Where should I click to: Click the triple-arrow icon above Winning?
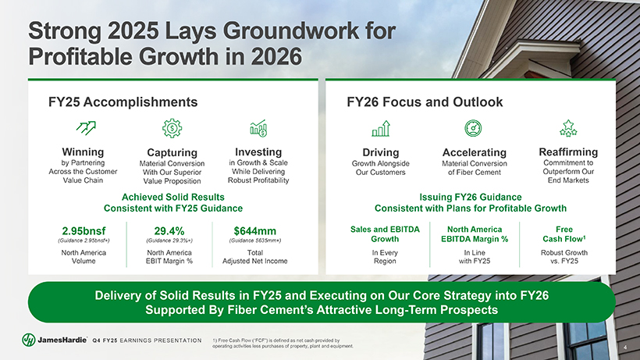pos(86,128)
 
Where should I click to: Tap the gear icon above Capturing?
pos(172,128)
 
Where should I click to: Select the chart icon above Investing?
pos(258,128)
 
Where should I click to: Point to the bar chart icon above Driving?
pos(381,128)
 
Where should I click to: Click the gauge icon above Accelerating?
pos(473,128)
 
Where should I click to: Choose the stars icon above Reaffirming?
pos(568,128)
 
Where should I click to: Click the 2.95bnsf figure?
pos(84,231)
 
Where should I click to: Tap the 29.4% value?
pos(169,231)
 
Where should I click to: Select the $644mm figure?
pos(255,231)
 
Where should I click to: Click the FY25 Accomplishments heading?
pos(123,102)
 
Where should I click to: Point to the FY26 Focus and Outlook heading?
pos(425,102)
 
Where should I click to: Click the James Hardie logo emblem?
pos(29,340)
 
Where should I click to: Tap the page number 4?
pos(625,348)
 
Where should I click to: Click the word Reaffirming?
pos(568,151)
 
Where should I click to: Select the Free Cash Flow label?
pos(564,233)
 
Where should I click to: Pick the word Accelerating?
pos(475,152)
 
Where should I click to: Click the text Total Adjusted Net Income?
pos(255,257)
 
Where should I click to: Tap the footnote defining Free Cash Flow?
pos(283,343)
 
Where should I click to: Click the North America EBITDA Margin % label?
pos(475,233)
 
